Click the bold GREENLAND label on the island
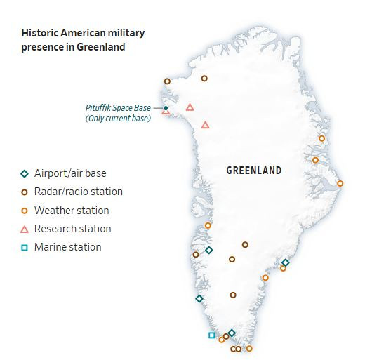click(254, 171)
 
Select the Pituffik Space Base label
click(117, 107)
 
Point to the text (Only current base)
click(118, 119)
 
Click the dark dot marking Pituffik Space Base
click(166, 107)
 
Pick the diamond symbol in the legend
click(24, 173)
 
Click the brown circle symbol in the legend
click(24, 192)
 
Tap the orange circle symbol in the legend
click(24, 211)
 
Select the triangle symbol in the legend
click(24, 229)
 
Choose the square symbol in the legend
click(24, 247)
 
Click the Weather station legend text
click(72, 211)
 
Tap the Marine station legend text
click(67, 247)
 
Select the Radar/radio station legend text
click(79, 192)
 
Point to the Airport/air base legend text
click(70, 173)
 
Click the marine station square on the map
click(211, 335)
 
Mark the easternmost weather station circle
click(340, 184)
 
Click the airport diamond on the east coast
click(285, 262)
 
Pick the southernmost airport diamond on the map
click(232, 333)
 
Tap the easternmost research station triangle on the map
click(205, 125)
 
